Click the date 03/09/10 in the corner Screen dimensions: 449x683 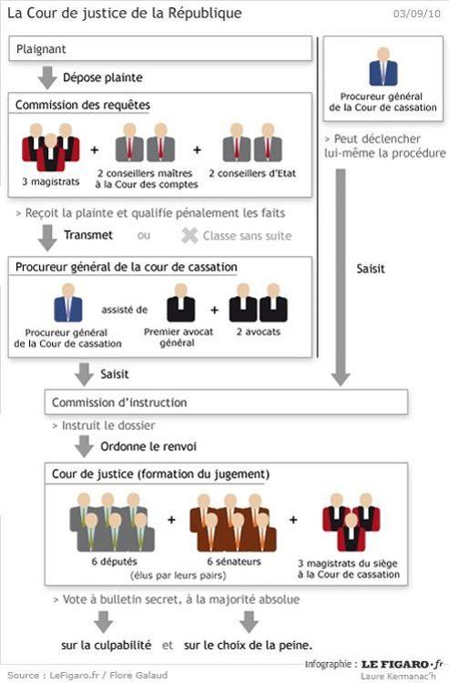[417, 14]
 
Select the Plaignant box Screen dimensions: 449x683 [160, 49]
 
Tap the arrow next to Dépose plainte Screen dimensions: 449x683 [47, 78]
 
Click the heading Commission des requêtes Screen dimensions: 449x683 [83, 105]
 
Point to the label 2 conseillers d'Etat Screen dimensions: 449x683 [252, 173]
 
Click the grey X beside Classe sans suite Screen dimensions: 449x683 [189, 236]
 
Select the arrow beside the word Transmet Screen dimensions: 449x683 [47, 238]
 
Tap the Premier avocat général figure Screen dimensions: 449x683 [181, 302]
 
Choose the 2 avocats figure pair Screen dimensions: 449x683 [259, 302]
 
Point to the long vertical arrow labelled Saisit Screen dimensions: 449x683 [341, 278]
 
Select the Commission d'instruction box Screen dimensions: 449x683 [226, 402]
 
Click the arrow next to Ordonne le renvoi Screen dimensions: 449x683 [84, 446]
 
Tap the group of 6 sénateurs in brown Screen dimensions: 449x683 [233, 523]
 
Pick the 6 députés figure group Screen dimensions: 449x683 [112, 523]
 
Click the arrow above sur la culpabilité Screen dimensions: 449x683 [104, 622]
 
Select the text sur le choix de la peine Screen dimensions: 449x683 [249, 645]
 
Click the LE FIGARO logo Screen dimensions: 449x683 [402, 664]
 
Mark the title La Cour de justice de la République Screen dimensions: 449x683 [125, 13]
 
